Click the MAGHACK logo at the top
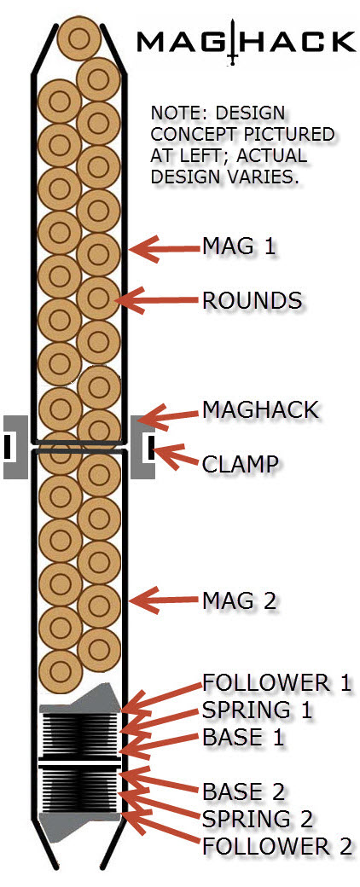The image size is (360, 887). (246, 41)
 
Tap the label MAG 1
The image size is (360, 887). (241, 246)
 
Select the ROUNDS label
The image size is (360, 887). (253, 301)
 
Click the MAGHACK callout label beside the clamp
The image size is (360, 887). (260, 409)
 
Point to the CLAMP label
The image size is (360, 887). (241, 464)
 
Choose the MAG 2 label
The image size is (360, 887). (241, 600)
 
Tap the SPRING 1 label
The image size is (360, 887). (257, 709)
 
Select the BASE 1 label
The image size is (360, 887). (243, 736)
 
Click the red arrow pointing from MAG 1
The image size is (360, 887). (161, 248)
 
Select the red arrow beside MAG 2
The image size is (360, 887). (161, 600)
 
